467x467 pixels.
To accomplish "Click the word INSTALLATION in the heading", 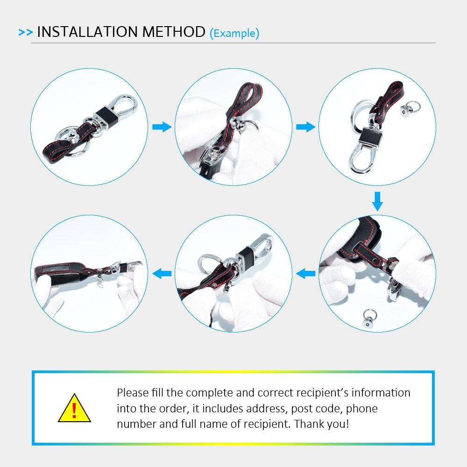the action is click(87, 32).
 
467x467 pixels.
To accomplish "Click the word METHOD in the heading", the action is click(174, 32).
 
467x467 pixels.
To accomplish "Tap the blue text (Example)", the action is click(234, 33).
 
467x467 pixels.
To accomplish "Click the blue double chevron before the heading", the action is click(25, 32).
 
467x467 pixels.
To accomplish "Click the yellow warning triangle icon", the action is click(74, 408).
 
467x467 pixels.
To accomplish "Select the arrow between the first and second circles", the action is click(162, 127).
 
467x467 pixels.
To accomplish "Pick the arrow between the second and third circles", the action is click(305, 127).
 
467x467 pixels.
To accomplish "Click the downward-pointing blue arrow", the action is click(377, 201).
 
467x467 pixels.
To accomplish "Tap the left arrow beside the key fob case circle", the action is click(305, 273).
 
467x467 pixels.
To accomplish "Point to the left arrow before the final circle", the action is click(162, 273).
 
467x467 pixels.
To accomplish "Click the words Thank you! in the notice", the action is click(321, 424).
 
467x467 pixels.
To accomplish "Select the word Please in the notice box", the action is click(133, 393).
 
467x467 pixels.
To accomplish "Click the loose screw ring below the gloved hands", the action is click(369, 318).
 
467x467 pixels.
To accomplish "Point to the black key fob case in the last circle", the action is click(60, 272).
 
